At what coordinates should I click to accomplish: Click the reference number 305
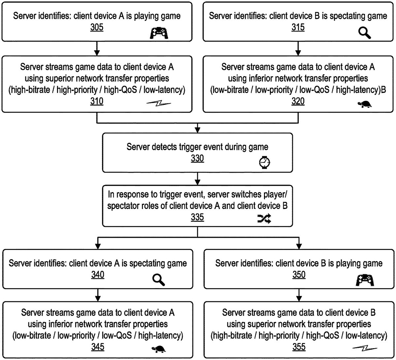tap(97, 28)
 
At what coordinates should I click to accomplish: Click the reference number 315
tap(298, 28)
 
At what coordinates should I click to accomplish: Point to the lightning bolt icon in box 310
tap(159, 104)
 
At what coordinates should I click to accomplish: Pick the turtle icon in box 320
tap(365, 105)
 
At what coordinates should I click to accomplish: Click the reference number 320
tap(298, 102)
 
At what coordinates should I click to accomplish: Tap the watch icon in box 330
tap(264, 162)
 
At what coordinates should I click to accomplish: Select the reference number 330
tap(197, 159)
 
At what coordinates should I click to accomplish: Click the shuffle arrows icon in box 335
tap(264, 218)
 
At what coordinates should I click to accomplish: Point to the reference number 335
tap(197, 218)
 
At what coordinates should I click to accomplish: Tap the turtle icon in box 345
tap(159, 349)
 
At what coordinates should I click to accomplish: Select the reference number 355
tap(299, 347)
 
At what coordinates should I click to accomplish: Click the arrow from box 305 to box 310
tap(97, 48)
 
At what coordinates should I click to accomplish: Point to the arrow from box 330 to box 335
tap(197, 179)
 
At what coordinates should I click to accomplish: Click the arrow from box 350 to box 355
tap(299, 293)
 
